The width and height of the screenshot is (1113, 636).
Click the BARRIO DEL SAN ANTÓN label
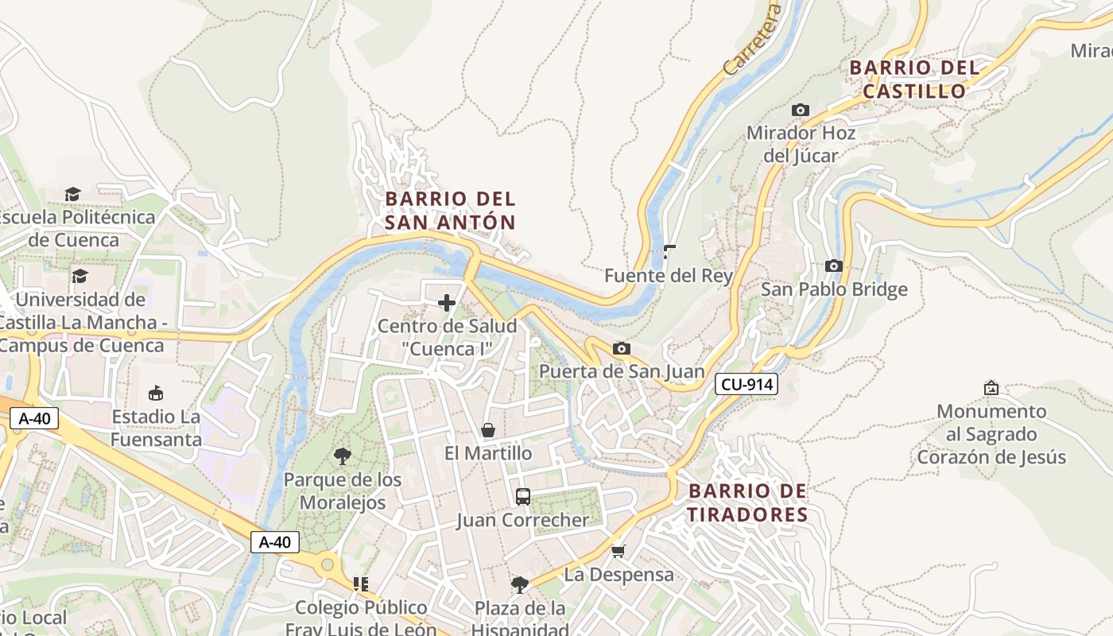tap(450, 211)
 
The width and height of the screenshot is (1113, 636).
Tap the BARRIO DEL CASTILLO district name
tap(914, 79)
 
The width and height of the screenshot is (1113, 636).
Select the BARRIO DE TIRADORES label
tap(747, 502)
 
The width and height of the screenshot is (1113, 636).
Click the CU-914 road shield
tap(746, 385)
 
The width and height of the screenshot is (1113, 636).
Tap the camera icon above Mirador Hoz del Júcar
tap(801, 111)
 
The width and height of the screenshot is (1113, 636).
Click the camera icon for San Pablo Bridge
tap(833, 266)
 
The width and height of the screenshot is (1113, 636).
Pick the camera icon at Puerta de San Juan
tap(622, 349)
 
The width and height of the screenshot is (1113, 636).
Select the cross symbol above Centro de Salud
tap(447, 303)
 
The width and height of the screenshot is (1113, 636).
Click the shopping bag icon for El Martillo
tap(488, 430)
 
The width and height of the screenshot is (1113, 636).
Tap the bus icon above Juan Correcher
tap(522, 497)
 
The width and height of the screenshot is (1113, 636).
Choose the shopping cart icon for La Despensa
tap(619, 551)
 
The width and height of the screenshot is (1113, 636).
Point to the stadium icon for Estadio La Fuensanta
tap(156, 394)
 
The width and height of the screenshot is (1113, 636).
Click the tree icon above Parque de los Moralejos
tap(343, 456)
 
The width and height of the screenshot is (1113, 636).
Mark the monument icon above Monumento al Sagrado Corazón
tap(991, 388)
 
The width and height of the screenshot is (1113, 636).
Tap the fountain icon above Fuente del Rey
tap(669, 253)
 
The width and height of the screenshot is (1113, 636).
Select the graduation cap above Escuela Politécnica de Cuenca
tap(73, 194)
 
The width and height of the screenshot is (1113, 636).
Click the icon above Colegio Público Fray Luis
tap(361, 584)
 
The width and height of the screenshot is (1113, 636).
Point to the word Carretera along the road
tap(753, 40)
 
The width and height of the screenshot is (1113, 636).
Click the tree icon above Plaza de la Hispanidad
tap(520, 585)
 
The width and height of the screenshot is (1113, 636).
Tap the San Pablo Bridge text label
tap(834, 289)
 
